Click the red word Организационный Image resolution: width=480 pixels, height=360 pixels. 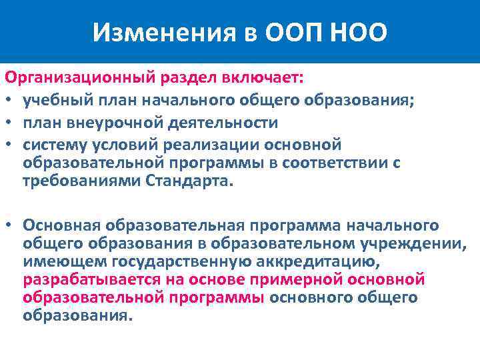[80, 78]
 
